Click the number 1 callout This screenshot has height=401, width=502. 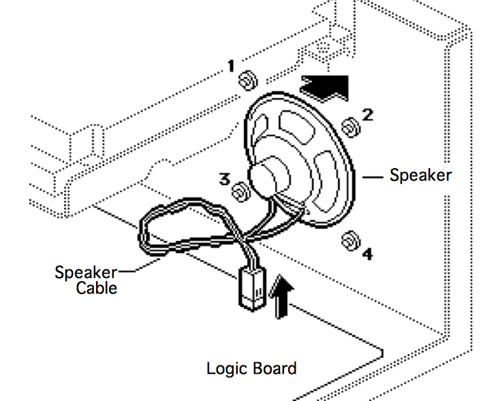click(231, 67)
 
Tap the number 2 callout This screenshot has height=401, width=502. click(367, 114)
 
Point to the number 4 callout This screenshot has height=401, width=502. click(367, 255)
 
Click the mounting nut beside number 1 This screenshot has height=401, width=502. click(246, 80)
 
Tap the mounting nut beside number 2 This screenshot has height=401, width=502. click(349, 127)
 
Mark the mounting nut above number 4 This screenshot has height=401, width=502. click(350, 240)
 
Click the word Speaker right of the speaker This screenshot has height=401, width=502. click(420, 175)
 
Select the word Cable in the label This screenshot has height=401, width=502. click(96, 288)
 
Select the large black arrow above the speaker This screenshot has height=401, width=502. click(326, 86)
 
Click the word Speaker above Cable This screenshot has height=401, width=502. click(85, 273)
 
